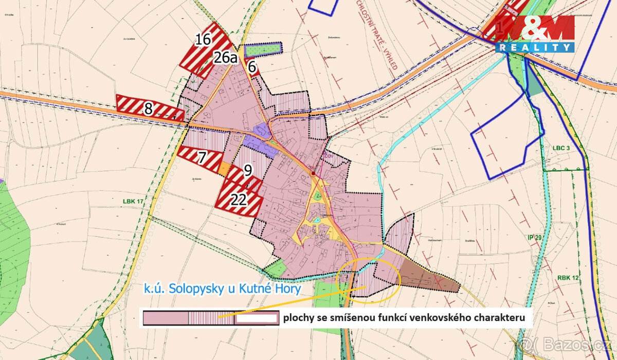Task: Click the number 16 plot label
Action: click(204, 39)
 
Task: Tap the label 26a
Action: click(226, 58)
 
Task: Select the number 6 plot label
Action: click(251, 66)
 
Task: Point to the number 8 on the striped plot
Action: click(149, 109)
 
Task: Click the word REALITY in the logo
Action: click(535, 47)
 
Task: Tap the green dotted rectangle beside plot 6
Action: click(263, 49)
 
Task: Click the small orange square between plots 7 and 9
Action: click(225, 168)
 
